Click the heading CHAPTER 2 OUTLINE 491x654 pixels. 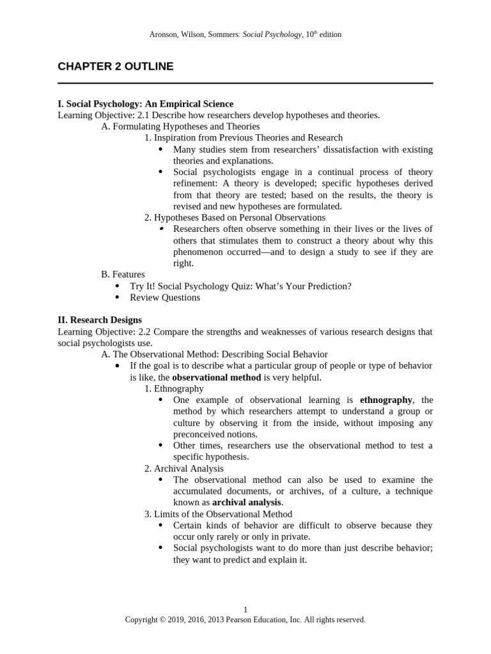[115, 66]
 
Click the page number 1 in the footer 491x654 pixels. [245, 610]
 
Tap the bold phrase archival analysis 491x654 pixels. [247, 502]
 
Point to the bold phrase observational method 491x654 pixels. [217, 377]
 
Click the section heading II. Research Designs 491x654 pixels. [100, 319]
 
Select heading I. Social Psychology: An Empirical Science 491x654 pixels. [145, 103]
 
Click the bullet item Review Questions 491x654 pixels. [165, 297]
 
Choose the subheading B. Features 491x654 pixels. [123, 274]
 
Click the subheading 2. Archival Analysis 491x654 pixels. [183, 468]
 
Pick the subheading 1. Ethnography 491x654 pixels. [174, 388]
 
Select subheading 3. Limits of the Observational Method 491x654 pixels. [218, 513]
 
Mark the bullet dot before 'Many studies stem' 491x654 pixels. [160, 149]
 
